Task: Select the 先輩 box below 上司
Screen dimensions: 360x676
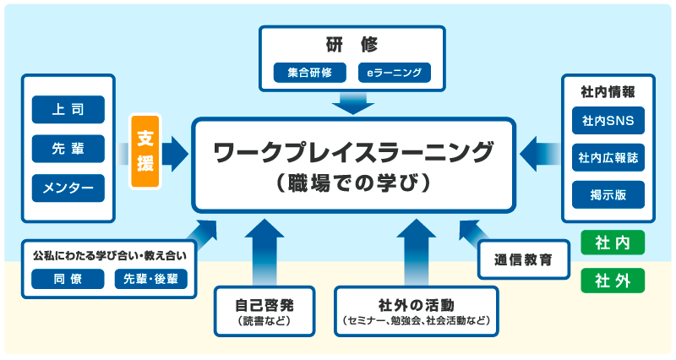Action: (x=68, y=149)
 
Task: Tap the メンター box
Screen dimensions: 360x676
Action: (x=68, y=187)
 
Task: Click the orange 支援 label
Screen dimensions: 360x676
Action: (x=145, y=151)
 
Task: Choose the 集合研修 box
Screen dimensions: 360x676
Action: (x=309, y=73)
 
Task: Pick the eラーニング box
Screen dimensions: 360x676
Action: (x=394, y=73)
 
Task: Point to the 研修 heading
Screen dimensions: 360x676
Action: (x=352, y=44)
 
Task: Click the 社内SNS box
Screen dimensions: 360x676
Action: (x=608, y=121)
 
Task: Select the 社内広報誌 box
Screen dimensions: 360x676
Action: (x=608, y=157)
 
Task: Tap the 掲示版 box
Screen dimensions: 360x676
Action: (x=608, y=194)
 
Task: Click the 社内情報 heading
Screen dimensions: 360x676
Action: (x=608, y=90)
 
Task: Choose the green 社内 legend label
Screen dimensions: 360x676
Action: (x=613, y=243)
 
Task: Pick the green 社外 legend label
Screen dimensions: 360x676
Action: (x=613, y=280)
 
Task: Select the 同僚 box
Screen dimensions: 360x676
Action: (x=68, y=279)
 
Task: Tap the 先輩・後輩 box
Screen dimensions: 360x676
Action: (x=150, y=279)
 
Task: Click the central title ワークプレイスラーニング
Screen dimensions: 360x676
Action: (x=353, y=153)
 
